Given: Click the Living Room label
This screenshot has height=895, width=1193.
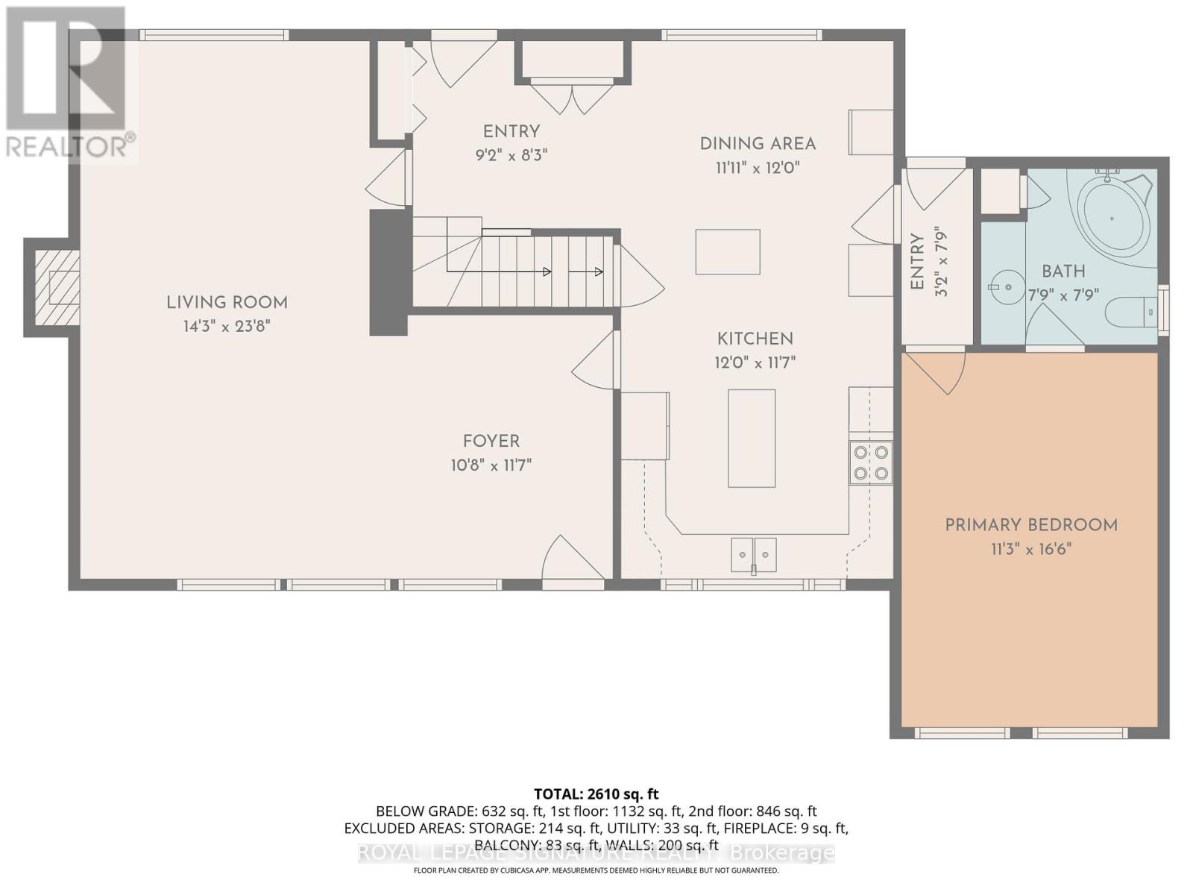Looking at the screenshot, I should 227,302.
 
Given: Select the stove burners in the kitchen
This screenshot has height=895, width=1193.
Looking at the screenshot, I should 871,462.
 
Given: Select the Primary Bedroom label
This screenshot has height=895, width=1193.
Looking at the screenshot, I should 1031,525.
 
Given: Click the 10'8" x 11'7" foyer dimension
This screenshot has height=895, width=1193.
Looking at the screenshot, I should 491,465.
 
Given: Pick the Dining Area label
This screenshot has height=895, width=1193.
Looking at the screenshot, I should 758,144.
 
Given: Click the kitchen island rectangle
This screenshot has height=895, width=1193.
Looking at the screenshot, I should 752,438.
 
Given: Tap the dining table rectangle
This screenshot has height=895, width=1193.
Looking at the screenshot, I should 728,252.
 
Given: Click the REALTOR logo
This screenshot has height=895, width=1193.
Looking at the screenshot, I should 67,82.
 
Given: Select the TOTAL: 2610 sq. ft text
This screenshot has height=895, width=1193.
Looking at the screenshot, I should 596,794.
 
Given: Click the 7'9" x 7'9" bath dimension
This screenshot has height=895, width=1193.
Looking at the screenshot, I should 1063,295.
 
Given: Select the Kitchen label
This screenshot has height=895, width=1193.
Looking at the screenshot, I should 755,339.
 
